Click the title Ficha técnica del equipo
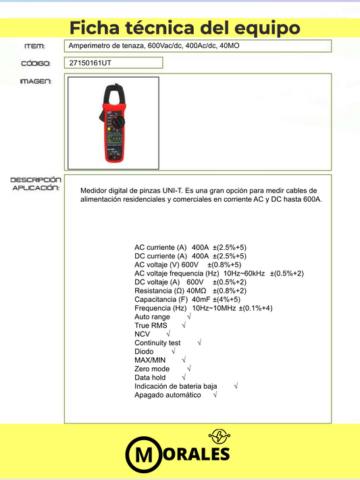[184, 28]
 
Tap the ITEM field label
[34, 46]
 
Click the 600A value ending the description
[312, 200]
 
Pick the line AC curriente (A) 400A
[190, 247]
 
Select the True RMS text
[151, 325]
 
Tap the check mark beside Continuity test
[199, 343]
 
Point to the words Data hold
[150, 377]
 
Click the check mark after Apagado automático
[214, 395]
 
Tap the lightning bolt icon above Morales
[220, 435]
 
